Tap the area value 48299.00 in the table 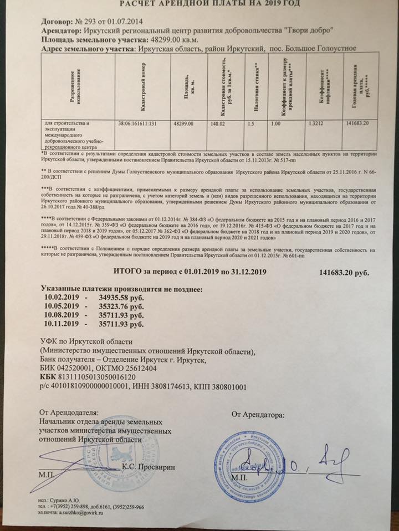[183, 123]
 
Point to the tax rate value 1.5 [252, 123]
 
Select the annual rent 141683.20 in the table [358, 123]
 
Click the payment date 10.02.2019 [62, 298]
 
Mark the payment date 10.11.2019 [62, 325]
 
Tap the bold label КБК [49, 376]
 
